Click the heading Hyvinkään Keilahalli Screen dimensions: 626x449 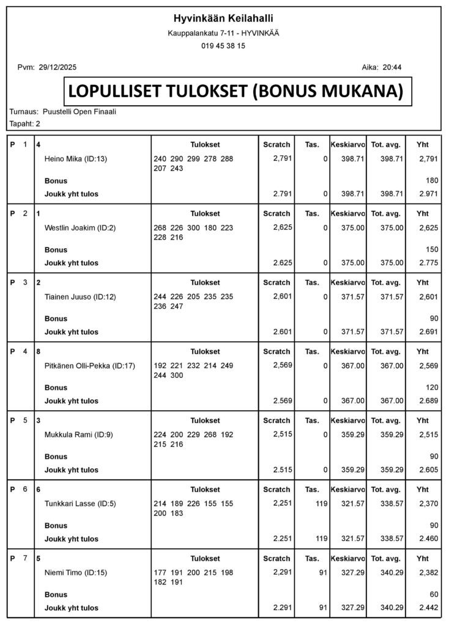pos(223,18)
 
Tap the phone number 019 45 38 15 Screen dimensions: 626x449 pos(223,46)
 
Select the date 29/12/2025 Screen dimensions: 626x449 pos(57,67)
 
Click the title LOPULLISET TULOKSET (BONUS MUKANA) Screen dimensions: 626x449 pos(236,91)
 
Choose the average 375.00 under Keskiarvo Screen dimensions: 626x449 pos(354,228)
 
